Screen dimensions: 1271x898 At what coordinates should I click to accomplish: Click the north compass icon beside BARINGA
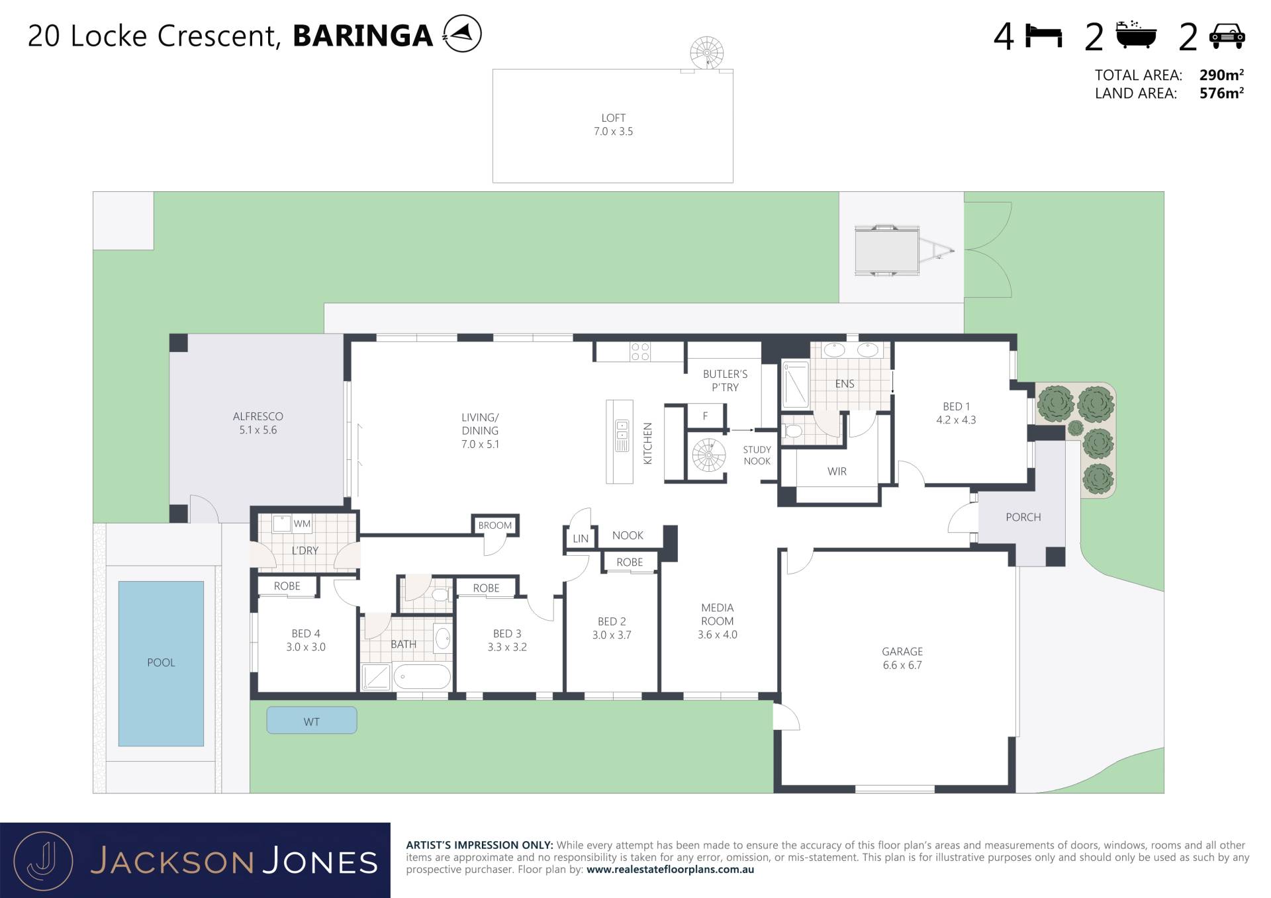[x=462, y=34]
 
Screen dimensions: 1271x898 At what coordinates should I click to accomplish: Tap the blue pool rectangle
[x=161, y=663]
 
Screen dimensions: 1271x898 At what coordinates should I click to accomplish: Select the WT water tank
[x=312, y=721]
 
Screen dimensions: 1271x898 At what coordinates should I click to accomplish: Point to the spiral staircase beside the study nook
[x=709, y=455]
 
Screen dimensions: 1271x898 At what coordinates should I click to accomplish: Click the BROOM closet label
[x=495, y=525]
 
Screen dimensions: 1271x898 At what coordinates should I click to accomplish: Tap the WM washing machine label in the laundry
[x=302, y=523]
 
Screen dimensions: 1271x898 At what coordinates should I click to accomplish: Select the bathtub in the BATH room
[x=422, y=677]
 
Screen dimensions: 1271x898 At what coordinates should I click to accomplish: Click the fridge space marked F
[x=706, y=416]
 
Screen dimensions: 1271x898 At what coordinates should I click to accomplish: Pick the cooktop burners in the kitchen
[x=640, y=351]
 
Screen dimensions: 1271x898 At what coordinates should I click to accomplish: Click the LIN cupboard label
[x=581, y=539]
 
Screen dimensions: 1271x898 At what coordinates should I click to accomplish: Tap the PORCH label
[x=1023, y=517]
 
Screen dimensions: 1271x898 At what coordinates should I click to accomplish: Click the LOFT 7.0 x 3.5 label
[x=614, y=125]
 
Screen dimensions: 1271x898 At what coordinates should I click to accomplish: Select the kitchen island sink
[x=622, y=435]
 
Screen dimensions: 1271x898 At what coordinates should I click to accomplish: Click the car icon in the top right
[x=1227, y=36]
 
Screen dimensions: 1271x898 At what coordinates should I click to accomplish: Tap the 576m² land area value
[x=1221, y=93]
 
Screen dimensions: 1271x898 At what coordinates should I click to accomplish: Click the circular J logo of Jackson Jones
[x=44, y=861]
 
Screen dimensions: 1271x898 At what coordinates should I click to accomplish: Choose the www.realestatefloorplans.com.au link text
[x=670, y=870]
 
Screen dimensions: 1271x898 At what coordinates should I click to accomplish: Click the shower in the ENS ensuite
[x=796, y=384]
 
